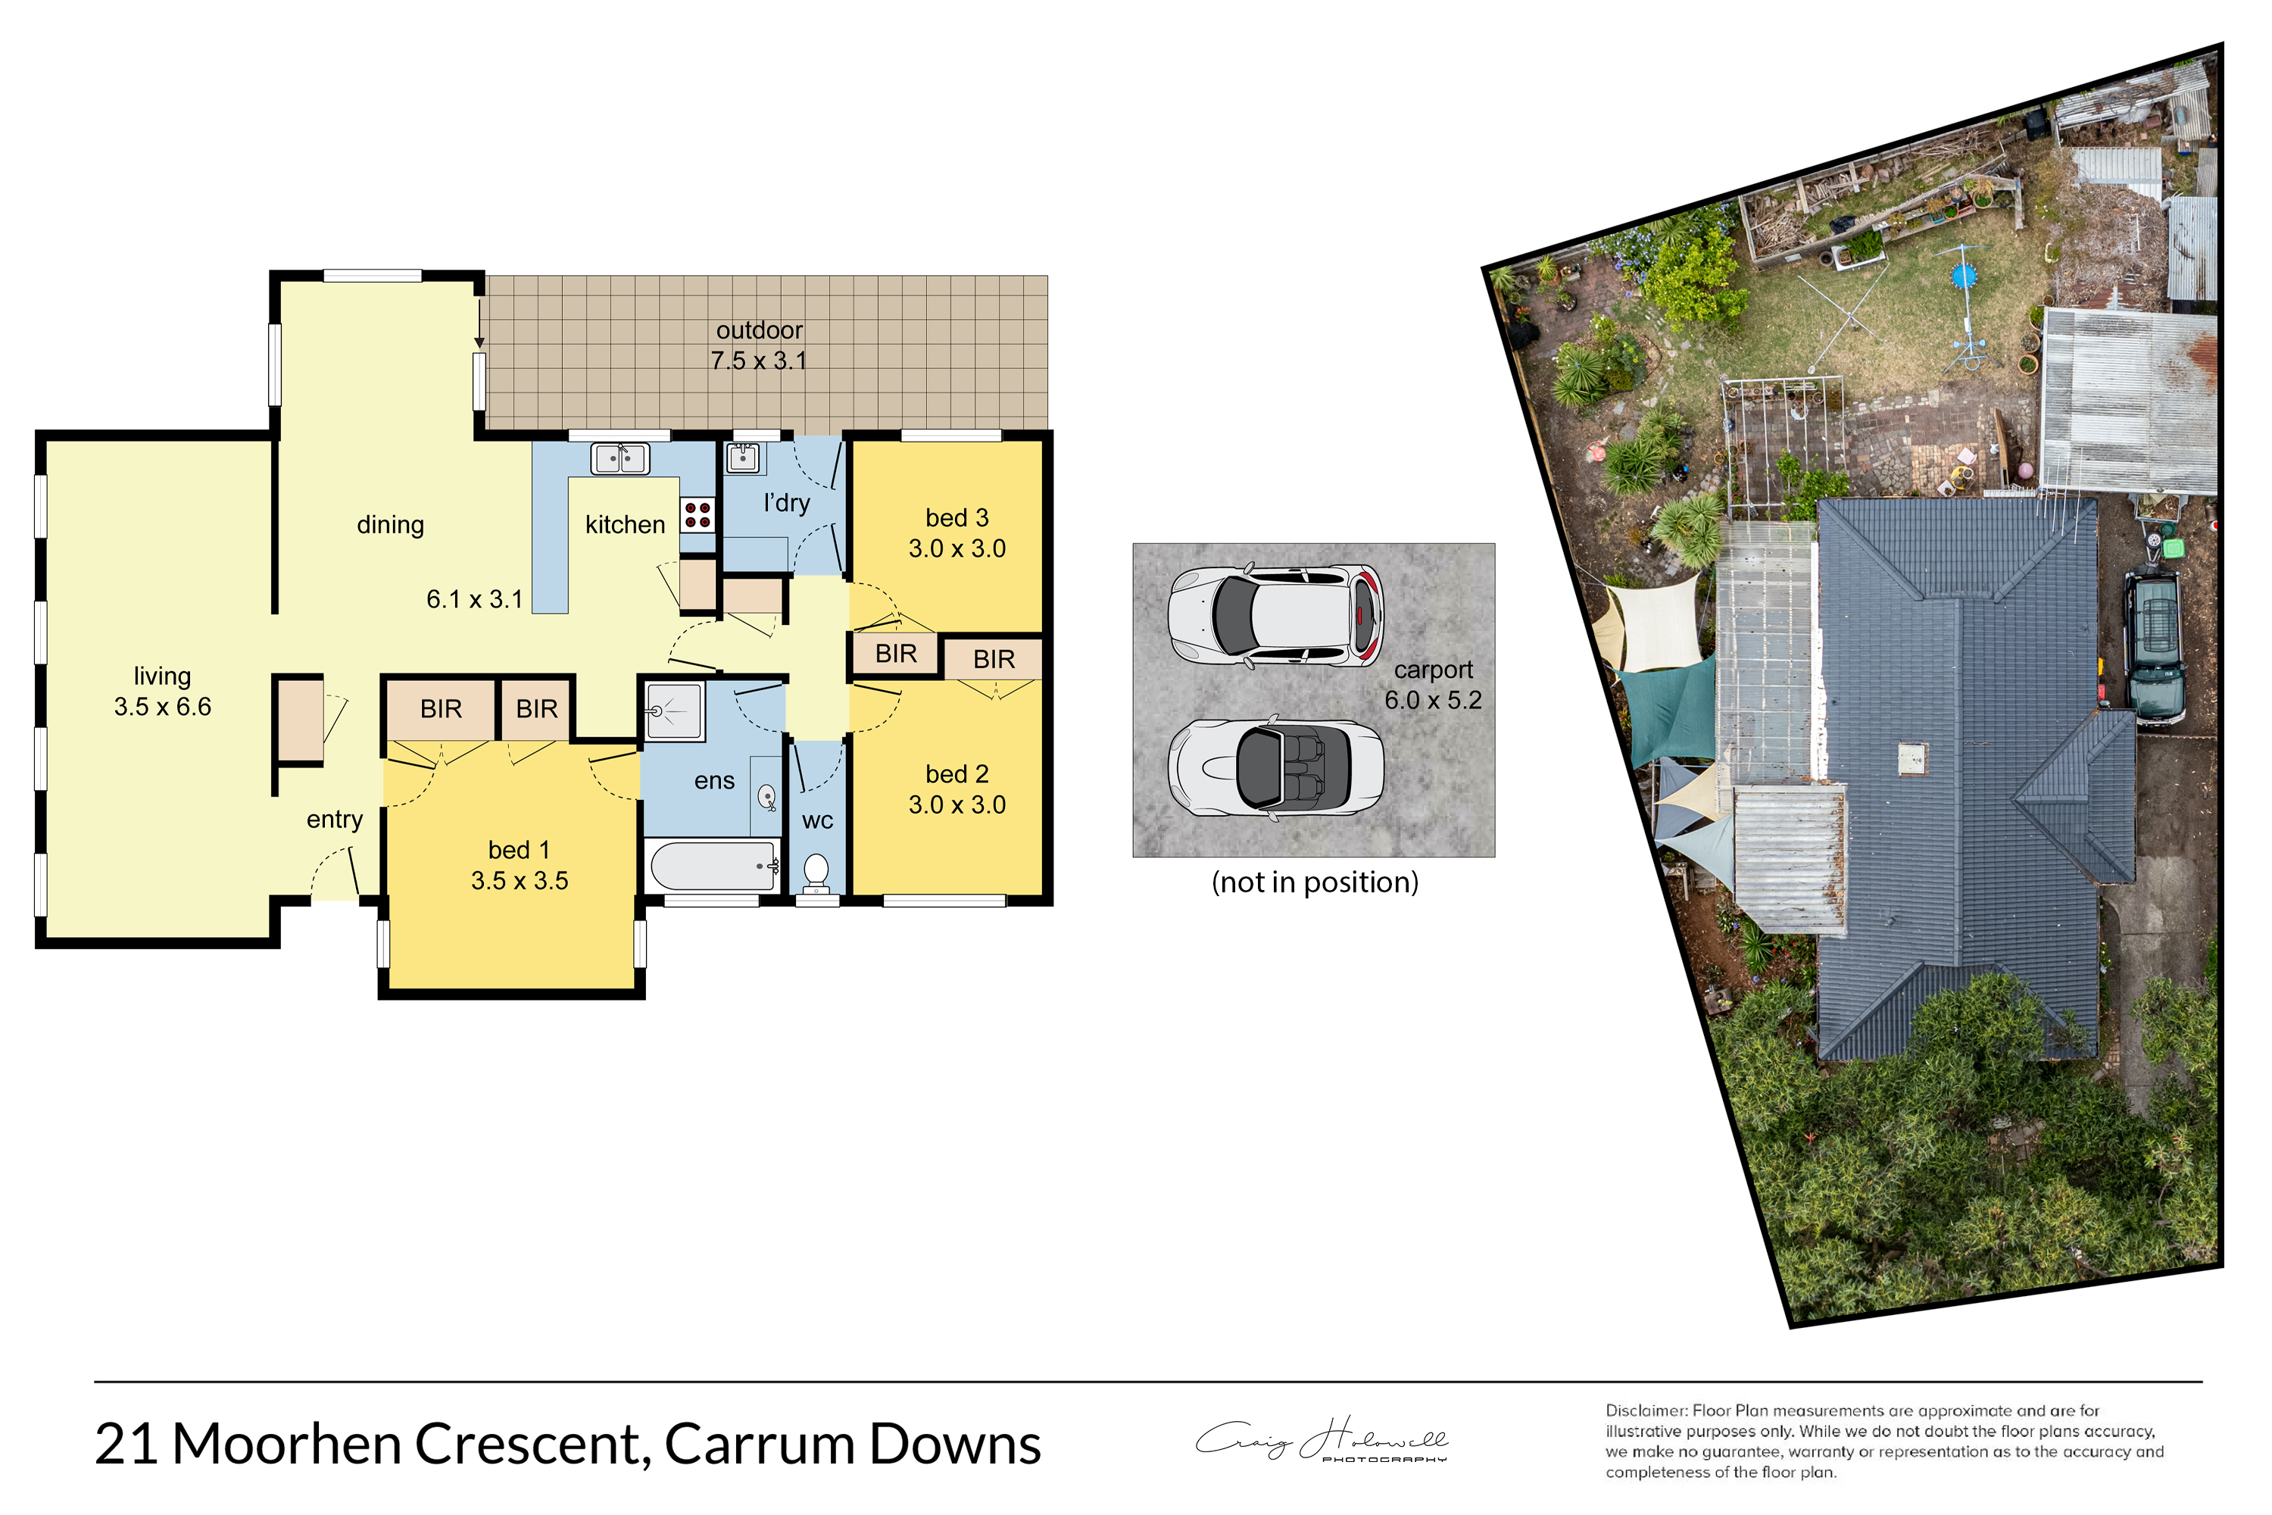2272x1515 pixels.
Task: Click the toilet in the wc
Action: coord(816,873)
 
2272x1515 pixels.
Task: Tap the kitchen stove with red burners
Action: coord(698,515)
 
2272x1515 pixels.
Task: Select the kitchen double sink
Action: coord(620,458)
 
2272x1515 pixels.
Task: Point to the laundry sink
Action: coord(742,458)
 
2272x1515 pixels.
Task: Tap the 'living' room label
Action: coord(162,676)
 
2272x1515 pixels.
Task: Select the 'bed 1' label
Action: coord(519,850)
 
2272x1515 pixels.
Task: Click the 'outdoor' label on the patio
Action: coord(760,330)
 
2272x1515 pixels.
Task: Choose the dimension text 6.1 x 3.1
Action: coord(474,600)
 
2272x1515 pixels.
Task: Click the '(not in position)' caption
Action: coord(1315,883)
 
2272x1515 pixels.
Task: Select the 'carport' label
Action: coord(1434,670)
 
